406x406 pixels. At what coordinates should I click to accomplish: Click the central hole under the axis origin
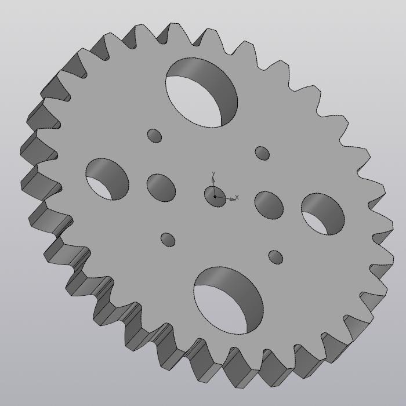(x=215, y=196)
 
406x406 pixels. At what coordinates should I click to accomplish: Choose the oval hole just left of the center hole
(x=161, y=186)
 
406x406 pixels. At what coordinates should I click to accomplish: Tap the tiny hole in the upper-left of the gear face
(x=154, y=136)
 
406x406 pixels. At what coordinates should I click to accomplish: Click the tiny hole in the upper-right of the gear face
(x=262, y=153)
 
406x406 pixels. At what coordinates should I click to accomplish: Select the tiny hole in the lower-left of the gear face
(x=168, y=240)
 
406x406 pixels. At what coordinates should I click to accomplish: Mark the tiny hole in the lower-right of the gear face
(x=275, y=256)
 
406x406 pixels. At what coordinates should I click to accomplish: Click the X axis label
(x=237, y=198)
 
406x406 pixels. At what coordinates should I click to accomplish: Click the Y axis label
(x=213, y=174)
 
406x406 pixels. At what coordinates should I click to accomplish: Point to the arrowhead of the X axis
(x=233, y=199)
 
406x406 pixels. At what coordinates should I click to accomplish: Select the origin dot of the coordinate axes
(x=215, y=197)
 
